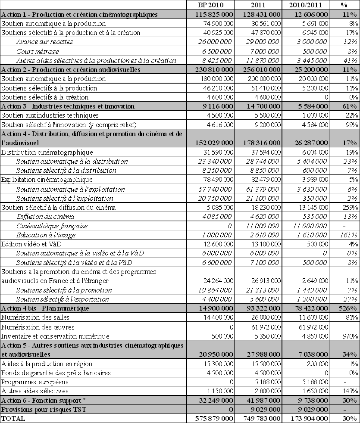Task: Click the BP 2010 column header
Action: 211,5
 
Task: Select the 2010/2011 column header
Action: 305,5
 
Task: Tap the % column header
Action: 344,5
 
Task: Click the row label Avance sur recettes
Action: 44,42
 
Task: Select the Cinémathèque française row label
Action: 52,226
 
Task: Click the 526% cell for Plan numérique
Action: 347,308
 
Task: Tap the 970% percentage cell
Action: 350,336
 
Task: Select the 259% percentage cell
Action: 350,207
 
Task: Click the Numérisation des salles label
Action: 33,318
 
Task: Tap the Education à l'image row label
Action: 46,235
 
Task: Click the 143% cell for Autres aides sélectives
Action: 350,391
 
